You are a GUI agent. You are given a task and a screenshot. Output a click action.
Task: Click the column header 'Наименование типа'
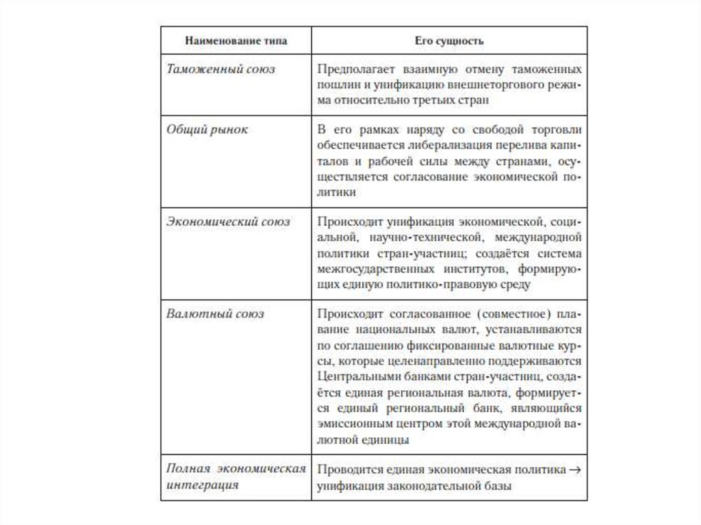[x=235, y=41]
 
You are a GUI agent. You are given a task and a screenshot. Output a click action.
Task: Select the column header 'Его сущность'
[x=449, y=41]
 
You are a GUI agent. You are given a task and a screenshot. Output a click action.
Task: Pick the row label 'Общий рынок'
[x=207, y=129]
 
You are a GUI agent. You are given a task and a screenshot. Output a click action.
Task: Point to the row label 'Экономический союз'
[x=229, y=222]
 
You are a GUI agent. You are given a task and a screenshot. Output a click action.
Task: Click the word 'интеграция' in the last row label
[x=203, y=485]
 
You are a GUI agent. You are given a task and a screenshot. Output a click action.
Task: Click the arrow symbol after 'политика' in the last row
[x=576, y=470]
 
